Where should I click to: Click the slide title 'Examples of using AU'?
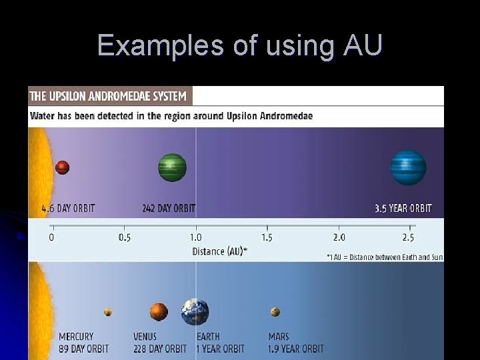[x=240, y=45]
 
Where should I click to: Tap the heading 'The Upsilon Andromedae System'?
[x=108, y=96]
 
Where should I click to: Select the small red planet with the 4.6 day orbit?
[x=63, y=167]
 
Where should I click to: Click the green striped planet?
[x=172, y=167]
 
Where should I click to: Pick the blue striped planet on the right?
[x=408, y=167]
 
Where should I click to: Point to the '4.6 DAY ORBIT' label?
[x=68, y=208]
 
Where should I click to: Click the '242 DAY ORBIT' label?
[x=169, y=208]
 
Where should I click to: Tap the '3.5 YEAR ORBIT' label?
[x=403, y=208]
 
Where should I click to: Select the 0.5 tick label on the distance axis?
[x=125, y=237]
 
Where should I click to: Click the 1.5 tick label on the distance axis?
[x=267, y=237]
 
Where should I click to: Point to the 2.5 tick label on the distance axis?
[x=408, y=237]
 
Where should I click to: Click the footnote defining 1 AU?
[x=385, y=257]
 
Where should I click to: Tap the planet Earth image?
[x=195, y=312]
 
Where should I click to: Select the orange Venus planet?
[x=159, y=311]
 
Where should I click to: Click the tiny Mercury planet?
[x=108, y=311]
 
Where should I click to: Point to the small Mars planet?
[x=275, y=311]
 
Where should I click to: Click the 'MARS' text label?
[x=279, y=337]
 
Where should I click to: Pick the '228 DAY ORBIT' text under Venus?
[x=160, y=349]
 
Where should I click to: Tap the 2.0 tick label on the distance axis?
[x=339, y=237]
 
